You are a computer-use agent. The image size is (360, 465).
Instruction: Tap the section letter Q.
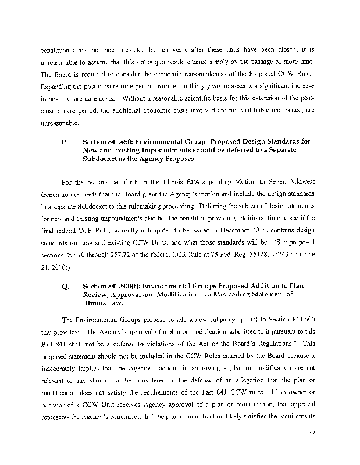click(64, 287)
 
